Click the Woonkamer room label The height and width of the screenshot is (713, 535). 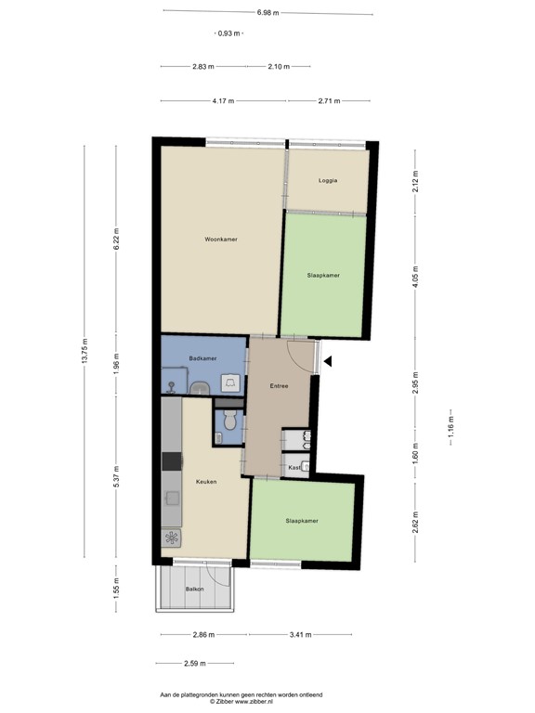pos(221,240)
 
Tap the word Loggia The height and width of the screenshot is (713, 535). pos(327,180)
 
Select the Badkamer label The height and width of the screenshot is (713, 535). pos(202,358)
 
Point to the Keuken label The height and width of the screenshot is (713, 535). pos(206,482)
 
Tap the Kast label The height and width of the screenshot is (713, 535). pos(294,467)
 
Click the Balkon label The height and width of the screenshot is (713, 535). pos(194,590)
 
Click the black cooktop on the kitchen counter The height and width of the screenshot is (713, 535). pos(171,460)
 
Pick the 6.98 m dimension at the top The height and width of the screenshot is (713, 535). pos(267,13)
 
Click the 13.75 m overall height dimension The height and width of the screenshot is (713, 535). pos(84,351)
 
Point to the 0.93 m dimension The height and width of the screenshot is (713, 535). pos(228,33)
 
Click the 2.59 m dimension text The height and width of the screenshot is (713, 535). pos(193,664)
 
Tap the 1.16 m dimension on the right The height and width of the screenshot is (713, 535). pos(450,429)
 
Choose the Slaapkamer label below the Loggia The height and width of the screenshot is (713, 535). pos(323,276)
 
